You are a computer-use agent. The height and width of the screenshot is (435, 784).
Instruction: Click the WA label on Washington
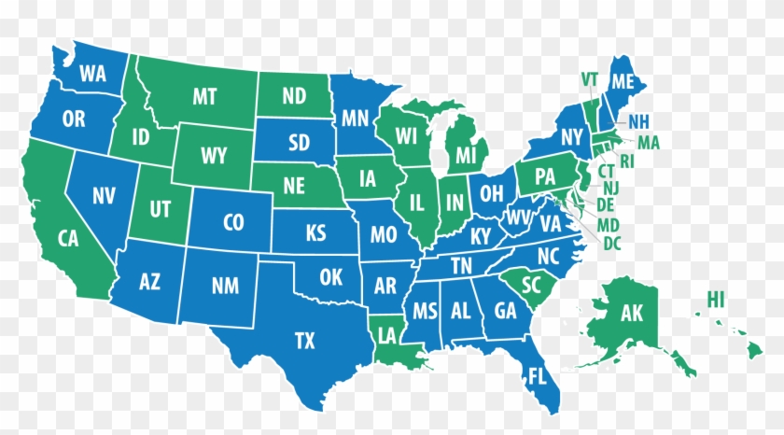pos(92,73)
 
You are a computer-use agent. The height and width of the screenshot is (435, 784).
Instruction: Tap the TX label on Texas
pos(305,341)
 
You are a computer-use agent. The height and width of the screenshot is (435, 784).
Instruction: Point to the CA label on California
pos(68,238)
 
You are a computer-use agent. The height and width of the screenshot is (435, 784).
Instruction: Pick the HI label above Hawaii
pos(717,300)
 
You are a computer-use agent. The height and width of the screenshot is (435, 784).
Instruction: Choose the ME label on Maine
pos(623,83)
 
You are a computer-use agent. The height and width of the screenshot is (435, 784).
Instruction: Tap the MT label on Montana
pos(205,96)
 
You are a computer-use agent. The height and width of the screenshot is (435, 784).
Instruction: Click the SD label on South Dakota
pos(299,143)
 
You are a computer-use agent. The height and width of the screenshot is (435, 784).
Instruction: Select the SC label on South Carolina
pos(532,283)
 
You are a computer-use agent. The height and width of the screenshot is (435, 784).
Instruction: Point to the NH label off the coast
pos(639,121)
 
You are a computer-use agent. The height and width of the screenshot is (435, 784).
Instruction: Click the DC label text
pos(613,243)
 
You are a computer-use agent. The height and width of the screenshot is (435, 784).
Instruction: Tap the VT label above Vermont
pos(589,77)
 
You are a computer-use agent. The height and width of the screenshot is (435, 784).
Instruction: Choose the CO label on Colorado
pos(233,222)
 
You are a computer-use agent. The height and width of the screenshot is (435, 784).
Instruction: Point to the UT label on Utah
pos(161,209)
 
